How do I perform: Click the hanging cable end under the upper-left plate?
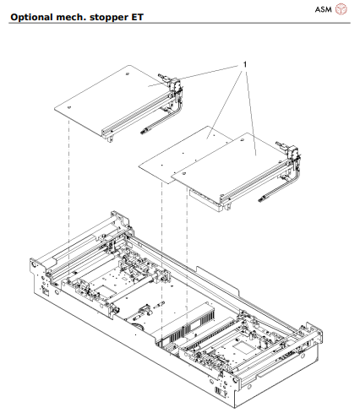click(145, 133)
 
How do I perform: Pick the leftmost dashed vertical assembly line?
click(68, 186)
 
